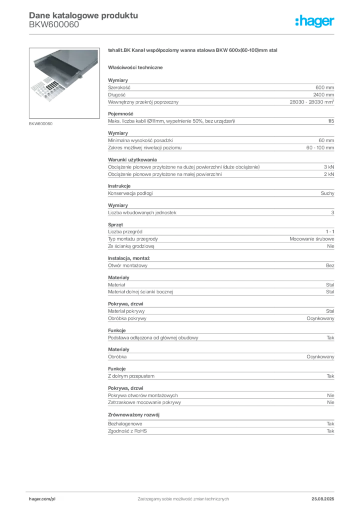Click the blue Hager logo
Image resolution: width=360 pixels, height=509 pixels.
[x=316, y=21]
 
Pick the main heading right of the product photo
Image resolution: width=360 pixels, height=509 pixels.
[x=192, y=51]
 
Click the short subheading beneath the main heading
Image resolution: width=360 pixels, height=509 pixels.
[x=137, y=67]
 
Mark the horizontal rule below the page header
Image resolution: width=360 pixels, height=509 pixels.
[x=183, y=34]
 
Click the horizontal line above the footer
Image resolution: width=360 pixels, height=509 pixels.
[x=183, y=490]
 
